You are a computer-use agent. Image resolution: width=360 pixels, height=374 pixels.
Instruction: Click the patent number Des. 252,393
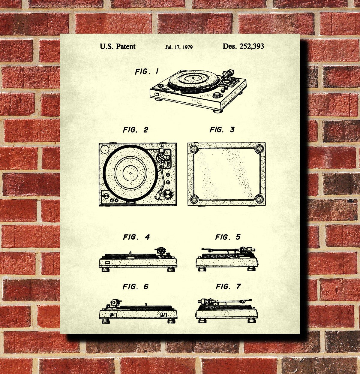(243, 46)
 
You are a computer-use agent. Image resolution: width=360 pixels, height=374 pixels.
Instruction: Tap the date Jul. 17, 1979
(179, 47)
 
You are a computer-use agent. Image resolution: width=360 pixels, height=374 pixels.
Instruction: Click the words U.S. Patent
(117, 47)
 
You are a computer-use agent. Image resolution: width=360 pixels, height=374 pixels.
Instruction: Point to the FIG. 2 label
(135, 130)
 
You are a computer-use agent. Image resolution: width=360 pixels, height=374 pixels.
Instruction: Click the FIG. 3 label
(222, 130)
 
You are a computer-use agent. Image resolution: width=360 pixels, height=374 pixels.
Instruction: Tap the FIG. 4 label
(136, 237)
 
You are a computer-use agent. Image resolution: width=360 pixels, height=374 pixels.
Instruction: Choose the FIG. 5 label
(228, 237)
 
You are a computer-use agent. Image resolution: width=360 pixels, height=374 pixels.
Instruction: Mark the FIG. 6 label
(135, 287)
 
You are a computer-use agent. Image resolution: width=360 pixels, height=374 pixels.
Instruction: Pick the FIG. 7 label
(228, 287)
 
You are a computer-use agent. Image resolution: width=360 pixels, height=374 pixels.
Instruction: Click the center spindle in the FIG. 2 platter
(130, 173)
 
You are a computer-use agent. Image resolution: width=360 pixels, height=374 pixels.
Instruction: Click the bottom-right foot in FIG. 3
(259, 199)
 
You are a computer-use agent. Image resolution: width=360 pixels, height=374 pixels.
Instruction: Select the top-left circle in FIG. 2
(104, 149)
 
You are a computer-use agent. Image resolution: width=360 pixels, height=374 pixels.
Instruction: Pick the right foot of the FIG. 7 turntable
(251, 321)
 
